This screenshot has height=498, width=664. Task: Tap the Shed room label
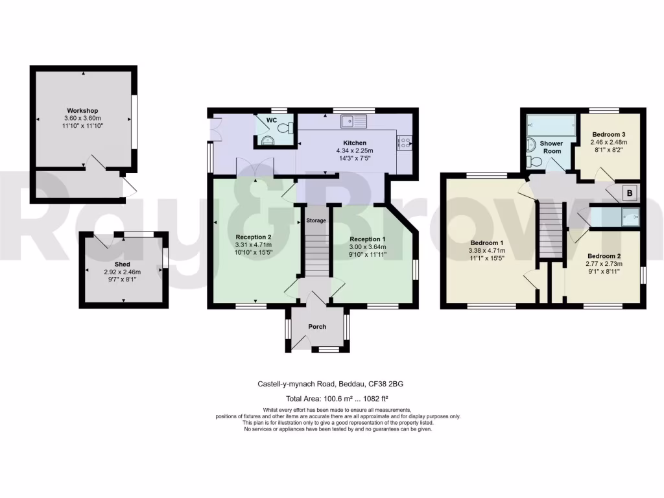coord(123,265)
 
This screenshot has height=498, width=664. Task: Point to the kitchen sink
coord(354,120)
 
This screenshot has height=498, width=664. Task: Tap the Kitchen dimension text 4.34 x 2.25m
coord(355,150)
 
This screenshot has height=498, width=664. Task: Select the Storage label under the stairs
coord(316,220)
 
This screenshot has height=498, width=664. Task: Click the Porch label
coord(317,327)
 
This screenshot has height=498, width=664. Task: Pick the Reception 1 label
coord(369,238)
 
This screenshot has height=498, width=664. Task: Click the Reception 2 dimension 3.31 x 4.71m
coord(254,244)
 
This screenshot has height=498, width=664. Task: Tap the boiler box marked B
coord(628,193)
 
